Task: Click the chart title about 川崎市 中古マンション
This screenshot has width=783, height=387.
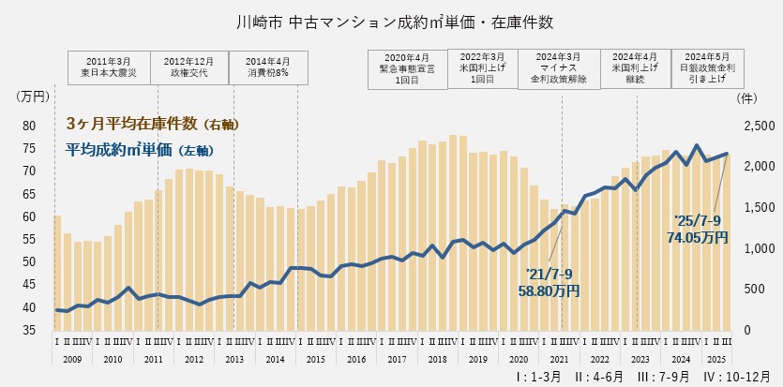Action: click(x=391, y=20)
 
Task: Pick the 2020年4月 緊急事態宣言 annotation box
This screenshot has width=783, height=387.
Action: click(x=405, y=68)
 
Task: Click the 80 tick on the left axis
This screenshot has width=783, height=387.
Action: click(x=29, y=126)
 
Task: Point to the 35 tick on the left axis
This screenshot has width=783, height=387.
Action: click(x=29, y=330)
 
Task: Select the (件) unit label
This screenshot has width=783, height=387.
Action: click(x=747, y=96)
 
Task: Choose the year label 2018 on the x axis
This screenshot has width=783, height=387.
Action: click(x=436, y=359)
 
